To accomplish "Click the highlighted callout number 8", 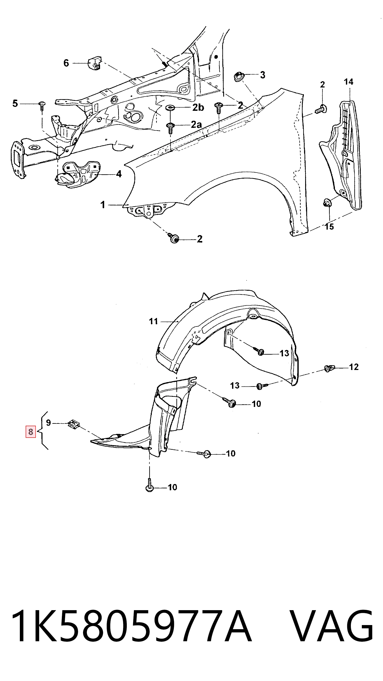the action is click(x=31, y=432).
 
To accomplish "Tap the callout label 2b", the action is click(x=198, y=107).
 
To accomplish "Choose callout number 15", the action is click(x=329, y=227).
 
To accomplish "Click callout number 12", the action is click(x=354, y=367).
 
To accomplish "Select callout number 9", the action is click(x=48, y=423).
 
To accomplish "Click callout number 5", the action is click(x=15, y=103).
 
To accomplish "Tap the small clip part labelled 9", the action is click(x=74, y=424).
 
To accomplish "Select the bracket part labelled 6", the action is click(x=94, y=63).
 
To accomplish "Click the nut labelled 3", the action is click(x=239, y=77).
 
